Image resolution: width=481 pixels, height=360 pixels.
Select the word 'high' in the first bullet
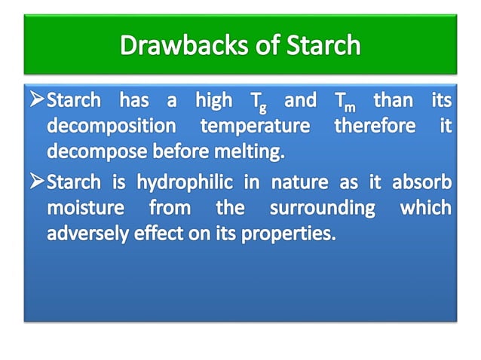213,100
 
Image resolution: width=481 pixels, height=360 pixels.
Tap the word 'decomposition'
112,127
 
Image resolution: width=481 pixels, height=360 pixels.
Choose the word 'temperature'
255,127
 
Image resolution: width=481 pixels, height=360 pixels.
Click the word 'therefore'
375,126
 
